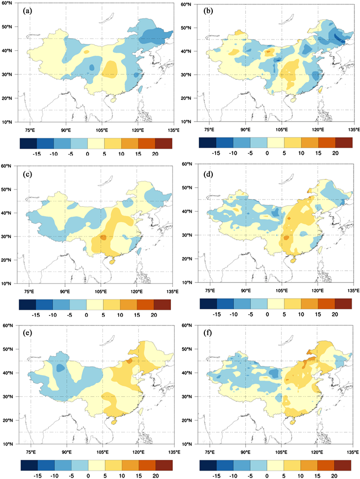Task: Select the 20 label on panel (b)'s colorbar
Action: pos(335,153)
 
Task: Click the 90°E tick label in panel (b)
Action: pos(245,129)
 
